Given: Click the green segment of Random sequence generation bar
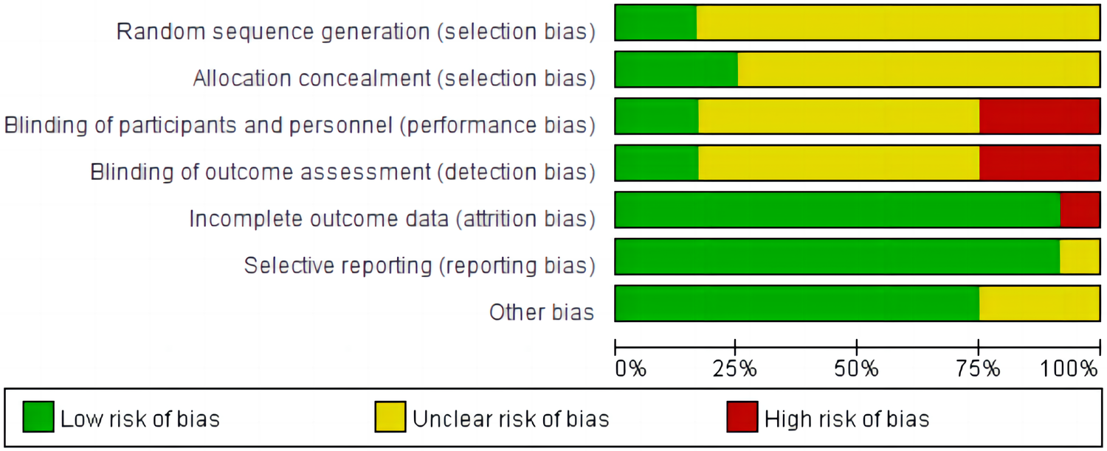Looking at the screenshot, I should (655, 22).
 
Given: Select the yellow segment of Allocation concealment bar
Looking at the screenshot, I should (919, 69).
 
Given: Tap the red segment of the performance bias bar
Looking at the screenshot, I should (1039, 116).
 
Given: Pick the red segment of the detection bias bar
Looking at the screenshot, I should (1039, 163).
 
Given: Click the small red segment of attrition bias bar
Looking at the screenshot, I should (1080, 210).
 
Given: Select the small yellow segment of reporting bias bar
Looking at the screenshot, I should (1080, 256).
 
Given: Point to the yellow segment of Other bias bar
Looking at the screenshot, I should (1039, 304).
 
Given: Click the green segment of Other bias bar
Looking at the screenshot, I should (797, 304).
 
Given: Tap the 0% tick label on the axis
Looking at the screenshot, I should (631, 368).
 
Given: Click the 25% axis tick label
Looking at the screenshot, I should (735, 368).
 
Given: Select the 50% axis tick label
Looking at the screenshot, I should (856, 368).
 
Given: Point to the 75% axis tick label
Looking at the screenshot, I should (978, 368).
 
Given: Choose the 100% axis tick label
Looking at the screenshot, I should (1069, 368).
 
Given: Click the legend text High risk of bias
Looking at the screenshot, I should (846, 419).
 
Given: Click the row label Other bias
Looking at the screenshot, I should (542, 312).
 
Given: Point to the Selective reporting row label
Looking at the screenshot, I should (419, 265).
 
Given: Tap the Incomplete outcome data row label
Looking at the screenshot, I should (392, 219).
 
